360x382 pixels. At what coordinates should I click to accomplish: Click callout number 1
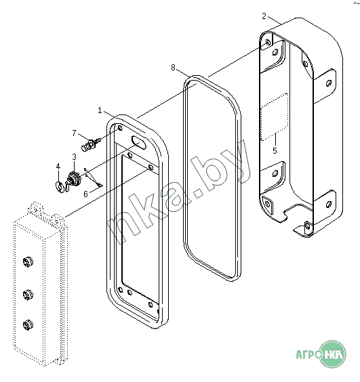100,110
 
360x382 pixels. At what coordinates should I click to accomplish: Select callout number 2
264,16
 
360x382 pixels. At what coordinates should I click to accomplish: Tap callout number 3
74,157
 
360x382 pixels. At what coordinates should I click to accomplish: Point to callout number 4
58,167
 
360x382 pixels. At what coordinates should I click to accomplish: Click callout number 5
275,150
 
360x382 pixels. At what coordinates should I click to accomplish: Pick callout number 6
85,194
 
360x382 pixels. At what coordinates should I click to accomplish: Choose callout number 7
74,133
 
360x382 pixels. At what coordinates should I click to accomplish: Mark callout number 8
173,68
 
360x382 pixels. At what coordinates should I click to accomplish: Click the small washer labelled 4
59,186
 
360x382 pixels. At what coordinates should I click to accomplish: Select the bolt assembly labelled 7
91,145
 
